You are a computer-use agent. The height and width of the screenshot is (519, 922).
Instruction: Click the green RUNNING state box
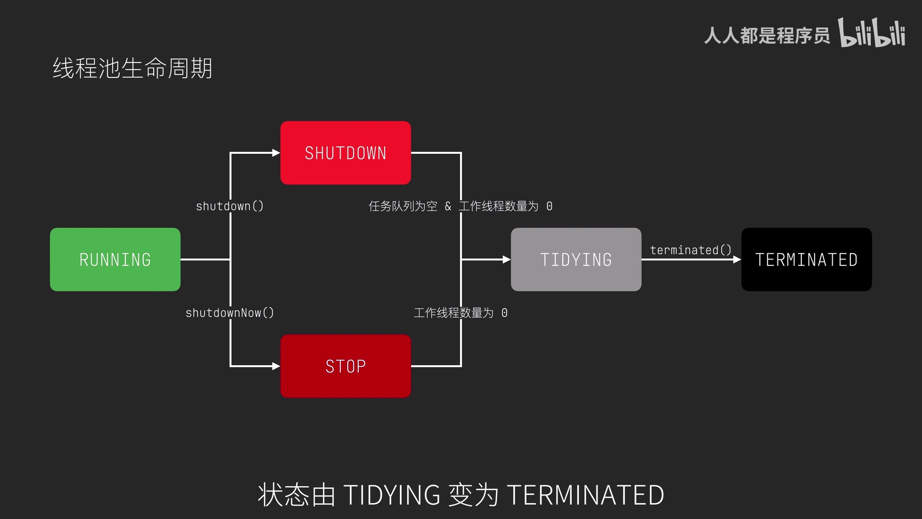[115, 259]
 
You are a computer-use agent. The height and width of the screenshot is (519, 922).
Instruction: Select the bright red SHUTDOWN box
[346, 153]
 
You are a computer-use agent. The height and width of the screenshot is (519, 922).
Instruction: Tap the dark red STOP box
[346, 366]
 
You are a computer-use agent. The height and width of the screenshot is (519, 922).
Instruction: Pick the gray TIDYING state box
[576, 259]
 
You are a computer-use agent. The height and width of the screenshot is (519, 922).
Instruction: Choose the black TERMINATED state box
[807, 259]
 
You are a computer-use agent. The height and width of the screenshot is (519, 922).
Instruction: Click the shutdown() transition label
[230, 206]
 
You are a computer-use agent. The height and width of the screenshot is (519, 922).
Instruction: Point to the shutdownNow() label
[230, 313]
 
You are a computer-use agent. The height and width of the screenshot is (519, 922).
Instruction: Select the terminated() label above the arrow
[691, 250]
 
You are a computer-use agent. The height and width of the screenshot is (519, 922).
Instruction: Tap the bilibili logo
[872, 34]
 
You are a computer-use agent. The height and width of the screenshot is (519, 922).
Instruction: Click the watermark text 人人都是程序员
[767, 36]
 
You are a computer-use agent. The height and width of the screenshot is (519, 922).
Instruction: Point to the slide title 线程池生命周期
[133, 68]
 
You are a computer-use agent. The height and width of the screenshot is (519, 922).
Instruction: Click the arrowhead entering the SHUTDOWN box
[276, 153]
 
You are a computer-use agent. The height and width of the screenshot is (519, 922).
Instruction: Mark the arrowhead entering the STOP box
[276, 366]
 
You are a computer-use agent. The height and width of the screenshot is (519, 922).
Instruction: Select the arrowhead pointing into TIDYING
[507, 259]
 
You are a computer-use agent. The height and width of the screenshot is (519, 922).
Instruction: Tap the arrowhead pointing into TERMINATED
[737, 259]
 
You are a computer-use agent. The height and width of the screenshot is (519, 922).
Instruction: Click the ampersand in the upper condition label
[448, 206]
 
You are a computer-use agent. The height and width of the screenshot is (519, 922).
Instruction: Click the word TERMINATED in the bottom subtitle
[585, 495]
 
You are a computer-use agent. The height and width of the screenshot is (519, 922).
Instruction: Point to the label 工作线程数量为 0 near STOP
[461, 313]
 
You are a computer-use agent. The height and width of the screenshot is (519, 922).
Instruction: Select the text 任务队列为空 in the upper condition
[403, 206]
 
